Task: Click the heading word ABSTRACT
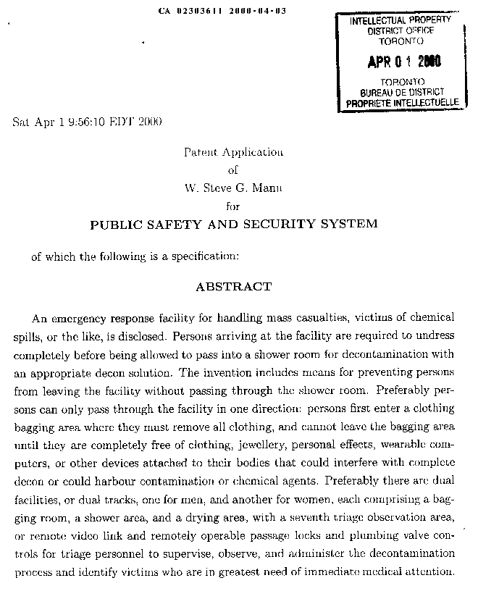click(233, 287)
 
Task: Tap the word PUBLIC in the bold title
click(114, 225)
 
